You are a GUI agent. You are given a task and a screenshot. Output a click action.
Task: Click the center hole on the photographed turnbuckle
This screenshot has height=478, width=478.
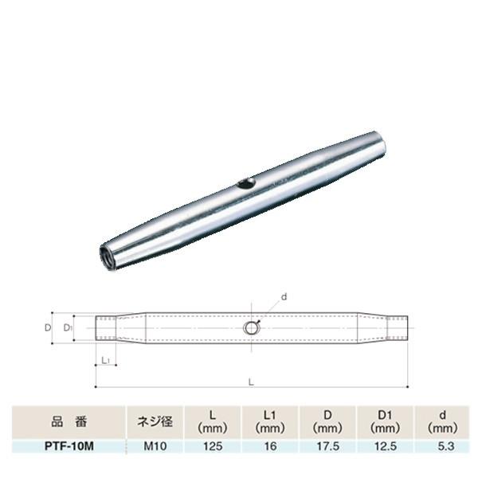click(x=246, y=184)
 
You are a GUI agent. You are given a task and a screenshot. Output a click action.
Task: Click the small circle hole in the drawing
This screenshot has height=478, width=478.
click(x=251, y=327)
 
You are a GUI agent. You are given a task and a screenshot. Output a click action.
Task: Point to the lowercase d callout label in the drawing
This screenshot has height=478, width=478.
click(x=284, y=296)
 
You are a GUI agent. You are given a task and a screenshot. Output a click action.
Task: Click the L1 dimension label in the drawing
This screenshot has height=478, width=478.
click(x=106, y=361)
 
